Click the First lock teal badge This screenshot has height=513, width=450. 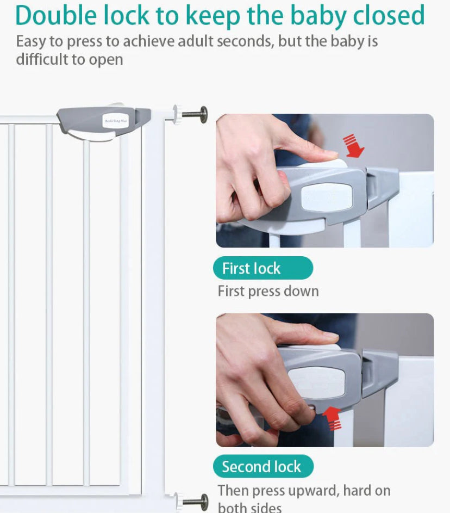click(262, 268)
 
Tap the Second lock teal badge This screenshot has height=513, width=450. click(262, 466)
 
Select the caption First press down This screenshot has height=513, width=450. click(268, 291)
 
